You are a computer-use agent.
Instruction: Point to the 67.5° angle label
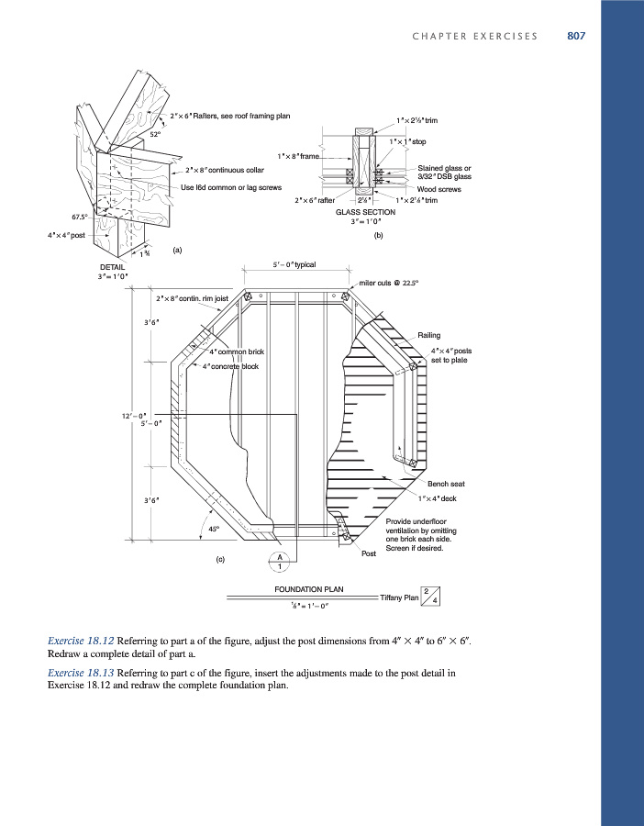[x=82, y=217]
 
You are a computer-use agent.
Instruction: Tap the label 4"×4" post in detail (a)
[x=66, y=235]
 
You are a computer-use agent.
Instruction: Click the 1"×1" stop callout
[x=407, y=141]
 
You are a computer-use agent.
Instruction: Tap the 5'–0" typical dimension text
[x=294, y=265]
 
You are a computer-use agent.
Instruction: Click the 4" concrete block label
[x=231, y=367]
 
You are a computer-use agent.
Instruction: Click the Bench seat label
[x=445, y=484]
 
